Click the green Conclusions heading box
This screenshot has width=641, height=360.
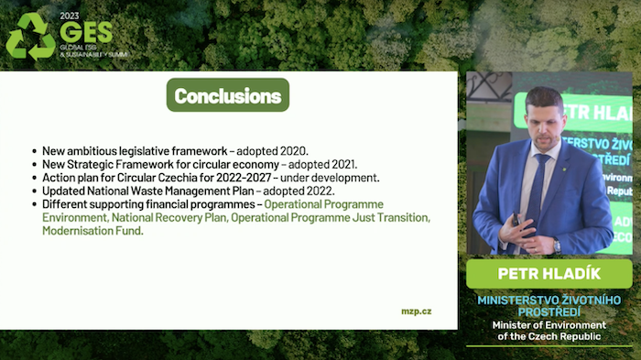point(227,95)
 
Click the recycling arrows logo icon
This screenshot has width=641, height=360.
point(30,37)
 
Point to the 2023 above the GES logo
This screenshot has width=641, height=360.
point(70,16)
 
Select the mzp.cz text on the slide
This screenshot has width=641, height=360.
point(416,311)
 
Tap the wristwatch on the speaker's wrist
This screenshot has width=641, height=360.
point(555,245)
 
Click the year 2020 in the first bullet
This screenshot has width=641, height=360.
point(292,150)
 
